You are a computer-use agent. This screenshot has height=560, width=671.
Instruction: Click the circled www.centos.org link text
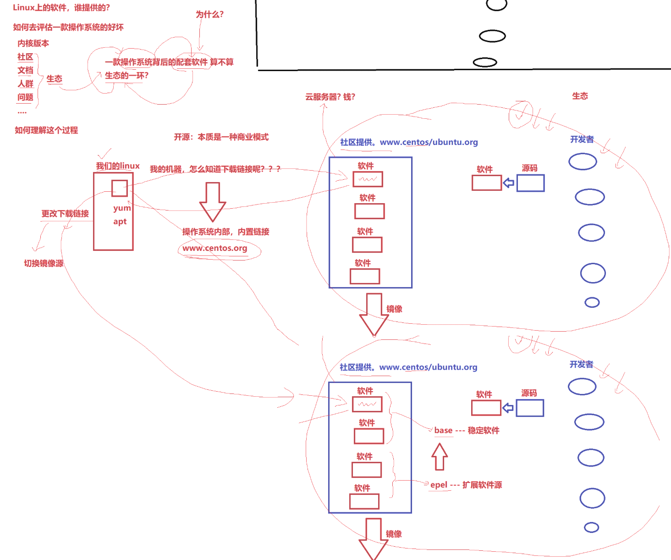tap(214, 248)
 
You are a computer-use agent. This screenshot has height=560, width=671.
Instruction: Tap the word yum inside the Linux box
tap(122, 208)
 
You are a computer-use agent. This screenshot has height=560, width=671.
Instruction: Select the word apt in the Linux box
tap(120, 222)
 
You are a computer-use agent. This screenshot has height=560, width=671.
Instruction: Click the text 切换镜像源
tap(44, 263)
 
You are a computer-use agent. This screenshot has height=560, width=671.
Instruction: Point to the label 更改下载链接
tap(65, 214)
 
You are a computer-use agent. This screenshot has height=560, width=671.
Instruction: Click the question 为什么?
tap(209, 14)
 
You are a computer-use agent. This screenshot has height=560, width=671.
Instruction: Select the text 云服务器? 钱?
tap(330, 97)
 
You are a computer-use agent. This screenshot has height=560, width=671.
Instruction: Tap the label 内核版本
tap(33, 43)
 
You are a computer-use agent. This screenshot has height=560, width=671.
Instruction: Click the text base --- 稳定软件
tap(467, 430)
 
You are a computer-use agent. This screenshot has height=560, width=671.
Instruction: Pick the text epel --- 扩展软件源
tap(466, 485)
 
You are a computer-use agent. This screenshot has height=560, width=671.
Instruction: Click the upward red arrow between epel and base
tap(440, 456)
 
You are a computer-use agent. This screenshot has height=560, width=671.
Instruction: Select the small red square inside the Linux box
tap(120, 188)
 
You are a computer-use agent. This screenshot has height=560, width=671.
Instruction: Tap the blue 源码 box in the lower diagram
tap(530, 408)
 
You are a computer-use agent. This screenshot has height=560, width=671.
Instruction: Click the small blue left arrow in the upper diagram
tap(508, 183)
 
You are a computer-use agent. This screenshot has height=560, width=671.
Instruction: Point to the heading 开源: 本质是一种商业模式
tap(221, 137)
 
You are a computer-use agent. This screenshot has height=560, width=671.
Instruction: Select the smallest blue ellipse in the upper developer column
tap(592, 302)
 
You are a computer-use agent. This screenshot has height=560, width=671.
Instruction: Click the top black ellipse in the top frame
tap(496, 5)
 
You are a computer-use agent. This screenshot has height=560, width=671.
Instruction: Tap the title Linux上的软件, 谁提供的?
tap(61, 8)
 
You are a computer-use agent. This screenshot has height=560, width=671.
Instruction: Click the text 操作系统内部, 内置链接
tap(225, 232)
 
